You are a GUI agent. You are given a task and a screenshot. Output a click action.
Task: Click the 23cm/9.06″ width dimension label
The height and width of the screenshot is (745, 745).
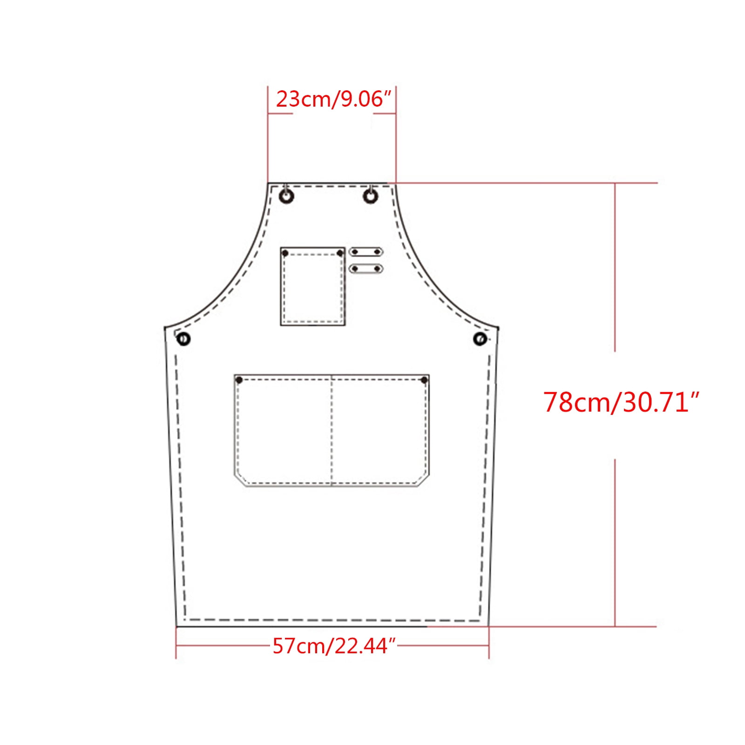click(x=333, y=99)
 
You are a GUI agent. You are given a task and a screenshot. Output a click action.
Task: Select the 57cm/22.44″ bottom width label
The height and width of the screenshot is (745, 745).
click(x=334, y=646)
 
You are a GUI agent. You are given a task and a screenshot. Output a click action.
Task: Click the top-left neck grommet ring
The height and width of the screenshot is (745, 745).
click(x=286, y=196)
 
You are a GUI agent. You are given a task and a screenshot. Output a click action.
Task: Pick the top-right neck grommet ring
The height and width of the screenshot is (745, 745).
click(x=370, y=196)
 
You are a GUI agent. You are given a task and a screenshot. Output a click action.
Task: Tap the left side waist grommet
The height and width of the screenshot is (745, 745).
click(x=184, y=339)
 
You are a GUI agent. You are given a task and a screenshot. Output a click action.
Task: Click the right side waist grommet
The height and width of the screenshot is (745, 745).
click(x=480, y=339)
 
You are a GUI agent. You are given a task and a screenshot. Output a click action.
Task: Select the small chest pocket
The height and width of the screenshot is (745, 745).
click(x=312, y=286)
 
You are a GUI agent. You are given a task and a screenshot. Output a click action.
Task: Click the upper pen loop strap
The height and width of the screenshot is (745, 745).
click(x=366, y=252)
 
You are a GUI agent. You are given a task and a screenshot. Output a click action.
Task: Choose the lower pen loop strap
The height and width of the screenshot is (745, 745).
click(x=366, y=269)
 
